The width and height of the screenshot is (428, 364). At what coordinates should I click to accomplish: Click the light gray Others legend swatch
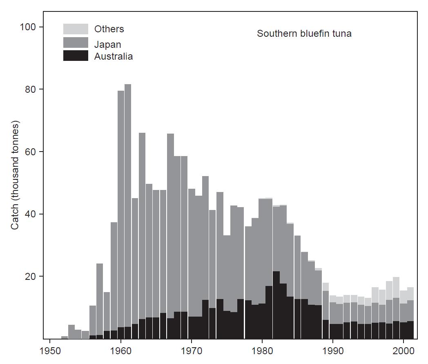pos(76,29)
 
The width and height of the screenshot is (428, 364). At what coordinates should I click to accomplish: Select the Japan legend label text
pos(107,44)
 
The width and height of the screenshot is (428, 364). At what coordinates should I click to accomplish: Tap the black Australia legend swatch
pos(76,56)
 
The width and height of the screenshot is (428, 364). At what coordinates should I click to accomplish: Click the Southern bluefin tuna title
pos(304,33)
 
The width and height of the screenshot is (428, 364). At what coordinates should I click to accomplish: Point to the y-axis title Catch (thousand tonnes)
pos(15,175)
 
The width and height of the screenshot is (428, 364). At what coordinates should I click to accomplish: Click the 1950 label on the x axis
pos(50,351)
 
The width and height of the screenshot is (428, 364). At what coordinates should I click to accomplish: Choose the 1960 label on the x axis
pos(120,351)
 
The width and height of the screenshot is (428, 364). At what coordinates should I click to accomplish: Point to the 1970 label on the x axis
pos(192,351)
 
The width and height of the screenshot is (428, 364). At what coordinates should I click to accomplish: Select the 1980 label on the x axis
pos(262,351)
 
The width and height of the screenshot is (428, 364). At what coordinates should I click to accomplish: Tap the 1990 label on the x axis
pos(333,351)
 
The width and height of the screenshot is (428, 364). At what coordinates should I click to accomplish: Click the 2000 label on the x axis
pos(403,351)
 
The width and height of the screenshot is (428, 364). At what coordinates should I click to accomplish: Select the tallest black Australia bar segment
pos(276,304)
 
